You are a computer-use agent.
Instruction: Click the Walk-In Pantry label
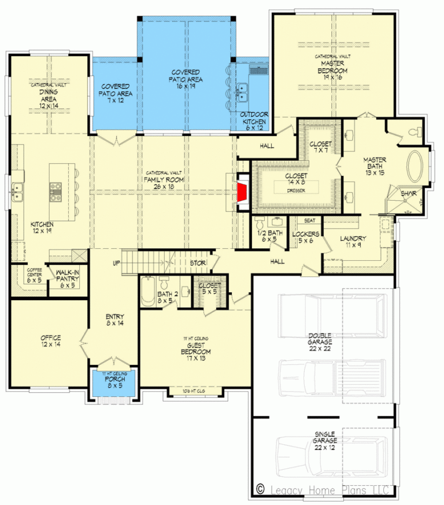point(68,279)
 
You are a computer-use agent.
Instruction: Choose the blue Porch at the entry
point(114,384)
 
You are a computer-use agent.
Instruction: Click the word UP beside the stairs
point(116,263)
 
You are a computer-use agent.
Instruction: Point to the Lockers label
point(305,237)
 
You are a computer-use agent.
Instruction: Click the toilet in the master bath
point(412,132)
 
